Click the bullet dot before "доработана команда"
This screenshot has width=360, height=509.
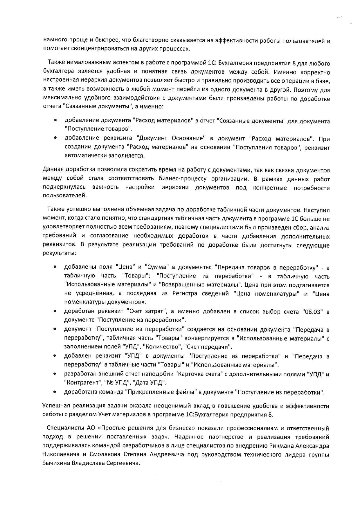[x=55, y=392]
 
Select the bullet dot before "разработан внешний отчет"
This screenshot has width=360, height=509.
[x=55, y=374]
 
